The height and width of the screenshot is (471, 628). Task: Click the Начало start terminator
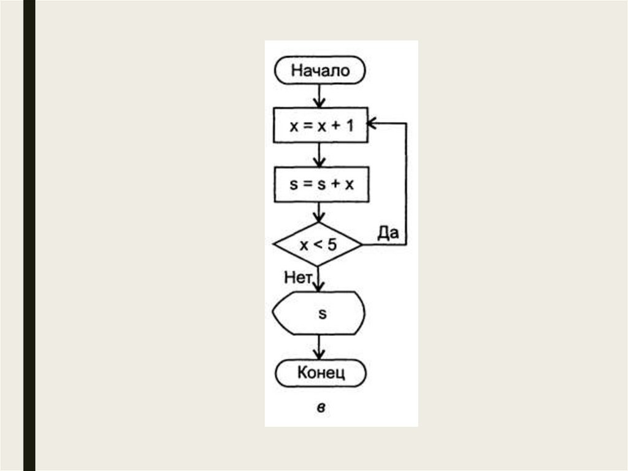click(319, 70)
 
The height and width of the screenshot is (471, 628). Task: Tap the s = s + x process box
click(320, 184)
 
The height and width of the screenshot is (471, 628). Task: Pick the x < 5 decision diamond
click(318, 245)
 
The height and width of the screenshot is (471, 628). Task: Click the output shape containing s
click(319, 313)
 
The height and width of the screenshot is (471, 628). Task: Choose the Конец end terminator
click(320, 372)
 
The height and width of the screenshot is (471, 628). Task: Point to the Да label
click(388, 232)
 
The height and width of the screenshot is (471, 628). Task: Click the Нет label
click(298, 277)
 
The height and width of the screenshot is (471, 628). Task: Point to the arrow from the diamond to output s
click(318, 279)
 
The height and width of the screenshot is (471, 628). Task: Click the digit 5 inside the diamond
click(332, 245)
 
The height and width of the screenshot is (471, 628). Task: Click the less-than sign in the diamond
click(318, 245)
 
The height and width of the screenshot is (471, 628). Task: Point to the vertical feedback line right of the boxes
click(406, 184)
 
